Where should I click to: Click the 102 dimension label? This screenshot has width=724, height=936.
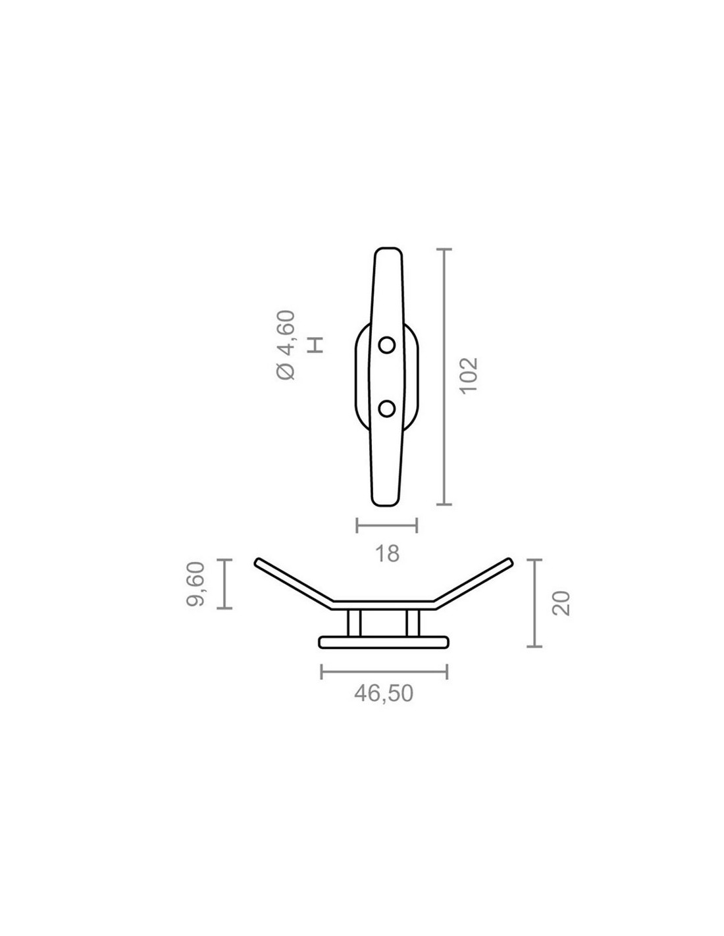coord(469,375)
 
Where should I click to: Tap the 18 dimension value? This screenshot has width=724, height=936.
coord(387,554)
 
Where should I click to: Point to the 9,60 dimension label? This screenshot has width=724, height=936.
coord(196,584)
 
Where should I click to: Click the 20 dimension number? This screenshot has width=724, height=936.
coord(561,603)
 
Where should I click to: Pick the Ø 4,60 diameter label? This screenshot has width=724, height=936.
coord(286,345)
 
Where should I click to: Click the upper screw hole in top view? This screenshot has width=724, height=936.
coord(386,345)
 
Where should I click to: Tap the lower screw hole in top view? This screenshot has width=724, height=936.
coord(386,408)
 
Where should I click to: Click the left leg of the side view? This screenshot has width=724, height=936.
coord(354,623)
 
